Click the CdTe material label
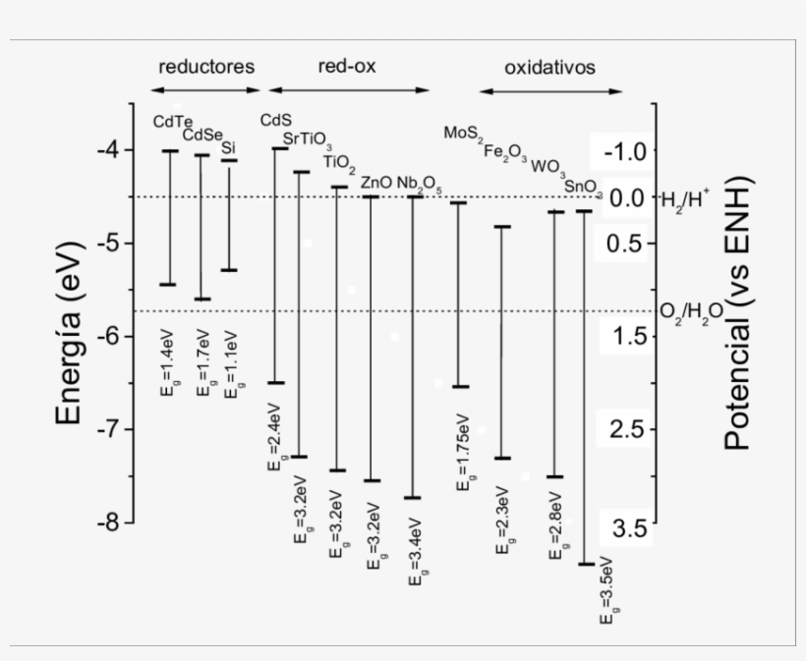pos(172,121)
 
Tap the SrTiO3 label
pos(307,139)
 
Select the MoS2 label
pos(463,133)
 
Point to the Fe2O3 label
pos(505,151)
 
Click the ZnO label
pos(375,182)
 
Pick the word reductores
pos(206,67)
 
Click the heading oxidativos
pos(549,68)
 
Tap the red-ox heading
pos(346,66)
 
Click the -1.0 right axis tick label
pos(621,151)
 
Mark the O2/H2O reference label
pos(691,311)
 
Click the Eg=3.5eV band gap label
pos(609,593)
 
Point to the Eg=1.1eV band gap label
pos(232,370)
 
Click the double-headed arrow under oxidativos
pos(550,92)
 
